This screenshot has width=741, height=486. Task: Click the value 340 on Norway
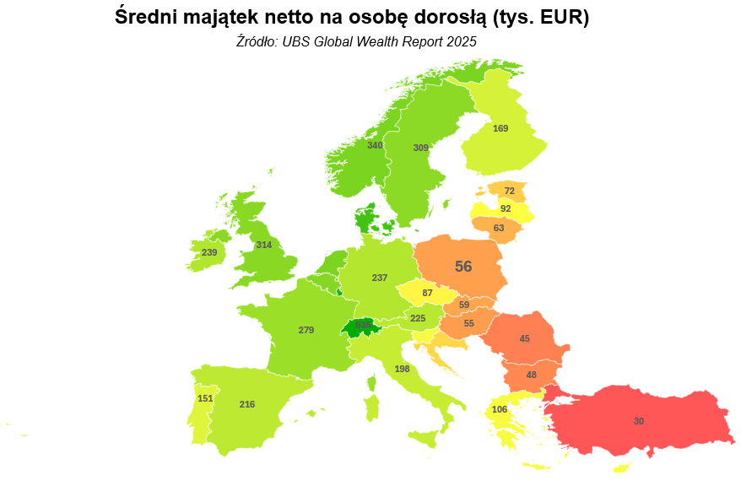375,145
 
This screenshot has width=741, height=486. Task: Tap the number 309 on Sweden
421,148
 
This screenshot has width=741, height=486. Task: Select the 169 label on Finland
500,128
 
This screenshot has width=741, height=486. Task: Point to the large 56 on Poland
463,267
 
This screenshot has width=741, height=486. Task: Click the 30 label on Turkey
639,421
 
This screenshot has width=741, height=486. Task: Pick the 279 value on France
306,330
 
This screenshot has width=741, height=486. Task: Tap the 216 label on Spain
247,405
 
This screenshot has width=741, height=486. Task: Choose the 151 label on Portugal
205,398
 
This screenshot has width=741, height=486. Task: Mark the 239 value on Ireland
209,252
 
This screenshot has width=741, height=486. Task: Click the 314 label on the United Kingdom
264,245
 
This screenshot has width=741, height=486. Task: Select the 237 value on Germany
380,278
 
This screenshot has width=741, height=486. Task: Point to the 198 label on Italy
402,369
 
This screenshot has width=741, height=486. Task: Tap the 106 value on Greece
500,410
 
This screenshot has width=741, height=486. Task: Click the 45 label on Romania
525,338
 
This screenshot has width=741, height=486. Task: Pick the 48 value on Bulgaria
532,375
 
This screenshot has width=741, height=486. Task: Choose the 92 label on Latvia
506,208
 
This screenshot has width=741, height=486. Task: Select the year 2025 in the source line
461,40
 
